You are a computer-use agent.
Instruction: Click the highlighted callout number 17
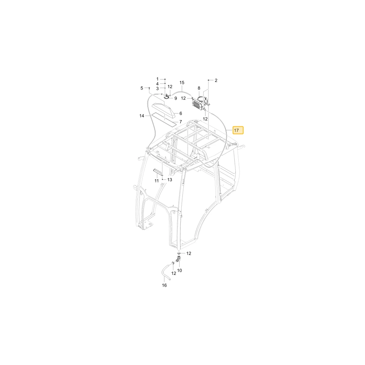238,130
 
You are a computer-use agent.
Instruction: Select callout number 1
157,79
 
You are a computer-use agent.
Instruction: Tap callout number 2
216,80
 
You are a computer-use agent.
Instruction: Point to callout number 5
142,88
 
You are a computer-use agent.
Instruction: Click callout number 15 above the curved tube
182,82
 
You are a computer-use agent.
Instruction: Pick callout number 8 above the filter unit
199,88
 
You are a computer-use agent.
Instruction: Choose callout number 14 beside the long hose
142,116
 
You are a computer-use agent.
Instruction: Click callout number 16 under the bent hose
164,285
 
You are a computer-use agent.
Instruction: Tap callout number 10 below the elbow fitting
180,270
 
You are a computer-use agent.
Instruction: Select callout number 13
170,180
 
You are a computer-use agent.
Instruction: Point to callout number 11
157,181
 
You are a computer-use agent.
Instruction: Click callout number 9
176,99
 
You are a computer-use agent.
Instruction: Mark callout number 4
157,84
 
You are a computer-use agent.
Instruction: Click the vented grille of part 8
197,104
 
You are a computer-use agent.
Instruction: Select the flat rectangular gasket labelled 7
163,118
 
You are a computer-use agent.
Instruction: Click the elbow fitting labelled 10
179,259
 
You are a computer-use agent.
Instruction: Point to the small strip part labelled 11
158,172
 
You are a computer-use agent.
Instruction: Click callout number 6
181,114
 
